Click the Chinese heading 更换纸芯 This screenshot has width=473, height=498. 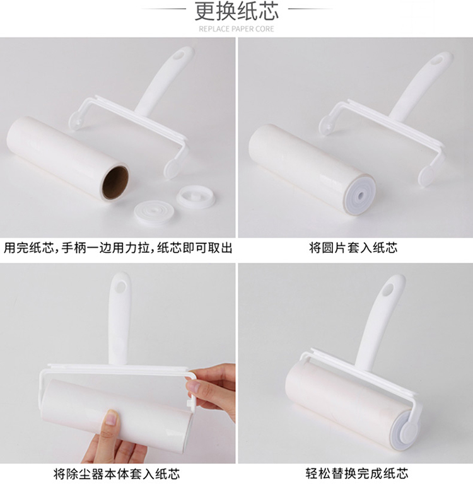click(x=237, y=11)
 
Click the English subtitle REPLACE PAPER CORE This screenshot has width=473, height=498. click(x=237, y=29)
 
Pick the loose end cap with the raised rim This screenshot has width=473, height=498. click(x=192, y=197)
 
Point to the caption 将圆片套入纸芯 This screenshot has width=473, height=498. click(x=353, y=247)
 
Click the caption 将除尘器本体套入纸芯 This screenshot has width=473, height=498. click(x=117, y=474)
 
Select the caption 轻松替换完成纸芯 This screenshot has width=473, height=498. click(x=357, y=473)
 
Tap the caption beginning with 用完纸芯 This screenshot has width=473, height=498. click(x=118, y=248)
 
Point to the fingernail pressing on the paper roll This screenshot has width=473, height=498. click(x=111, y=417)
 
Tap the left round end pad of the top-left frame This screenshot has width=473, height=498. click(x=76, y=120)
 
